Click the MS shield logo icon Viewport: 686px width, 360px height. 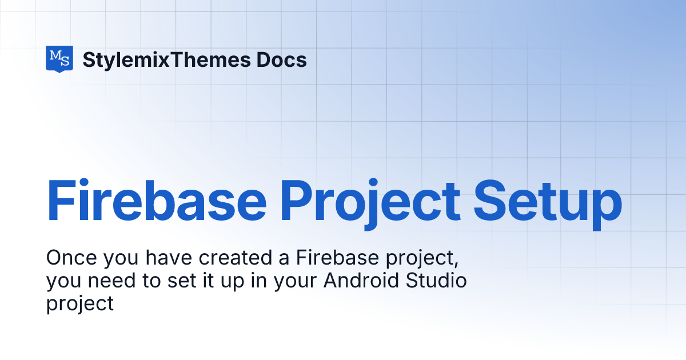pos(59,59)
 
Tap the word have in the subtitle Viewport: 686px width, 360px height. pos(169,258)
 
